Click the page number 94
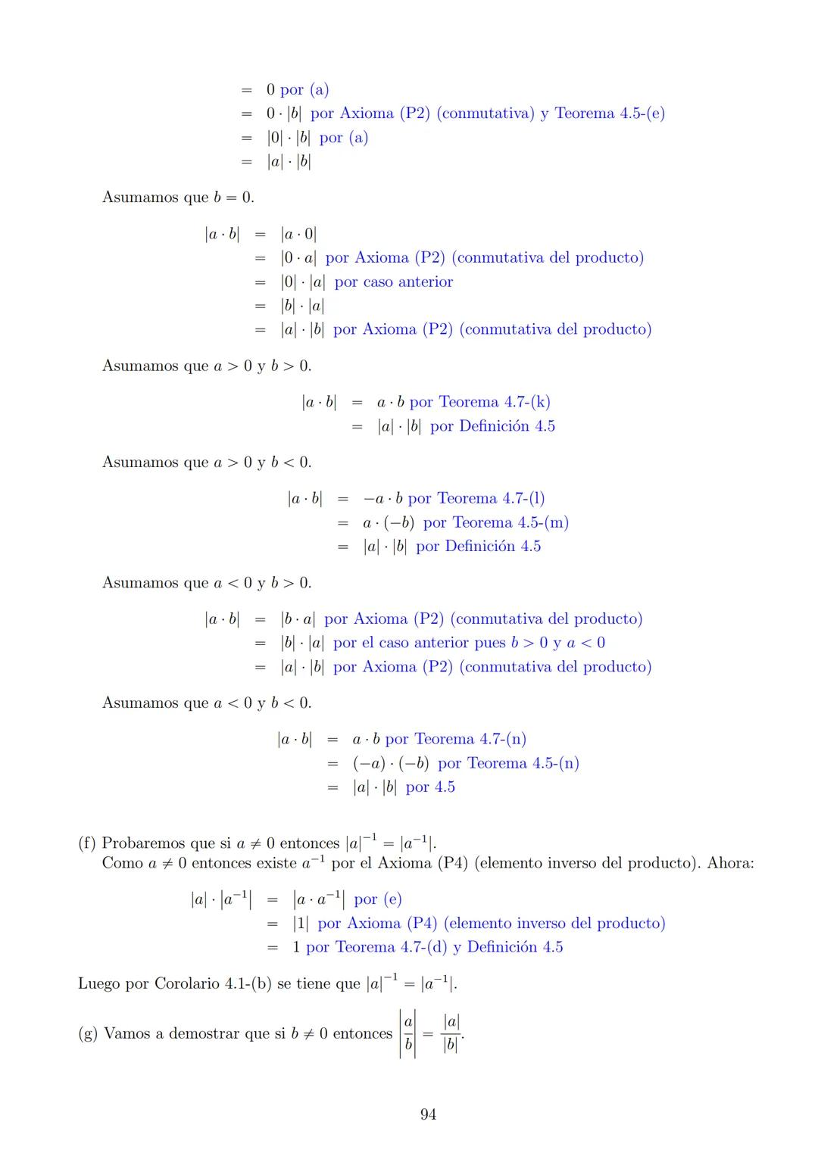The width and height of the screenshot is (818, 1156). tap(428, 1114)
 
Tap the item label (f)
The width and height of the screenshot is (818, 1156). tap(87, 843)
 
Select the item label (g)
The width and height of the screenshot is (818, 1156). tap(87, 1033)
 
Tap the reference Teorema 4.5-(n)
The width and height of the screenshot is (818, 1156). tap(523, 763)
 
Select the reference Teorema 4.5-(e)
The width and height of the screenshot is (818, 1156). tap(610, 114)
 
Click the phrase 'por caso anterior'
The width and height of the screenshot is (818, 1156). tap(394, 282)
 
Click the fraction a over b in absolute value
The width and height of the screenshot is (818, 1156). tap(408, 1033)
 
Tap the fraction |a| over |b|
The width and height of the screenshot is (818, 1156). tap(451, 1033)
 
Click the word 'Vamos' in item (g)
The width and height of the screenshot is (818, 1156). tap(127, 1033)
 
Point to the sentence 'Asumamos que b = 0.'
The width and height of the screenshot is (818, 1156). tap(178, 198)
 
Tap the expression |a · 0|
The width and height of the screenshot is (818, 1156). tap(298, 234)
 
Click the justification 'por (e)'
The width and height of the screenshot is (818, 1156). tap(377, 899)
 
